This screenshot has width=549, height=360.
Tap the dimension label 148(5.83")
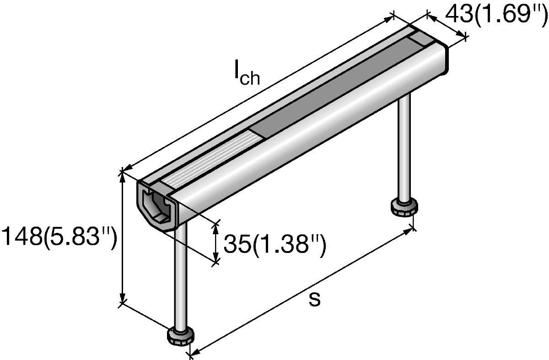59,237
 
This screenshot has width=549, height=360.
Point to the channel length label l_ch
247,73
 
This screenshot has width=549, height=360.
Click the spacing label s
314,299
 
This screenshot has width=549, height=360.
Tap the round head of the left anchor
181,336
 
